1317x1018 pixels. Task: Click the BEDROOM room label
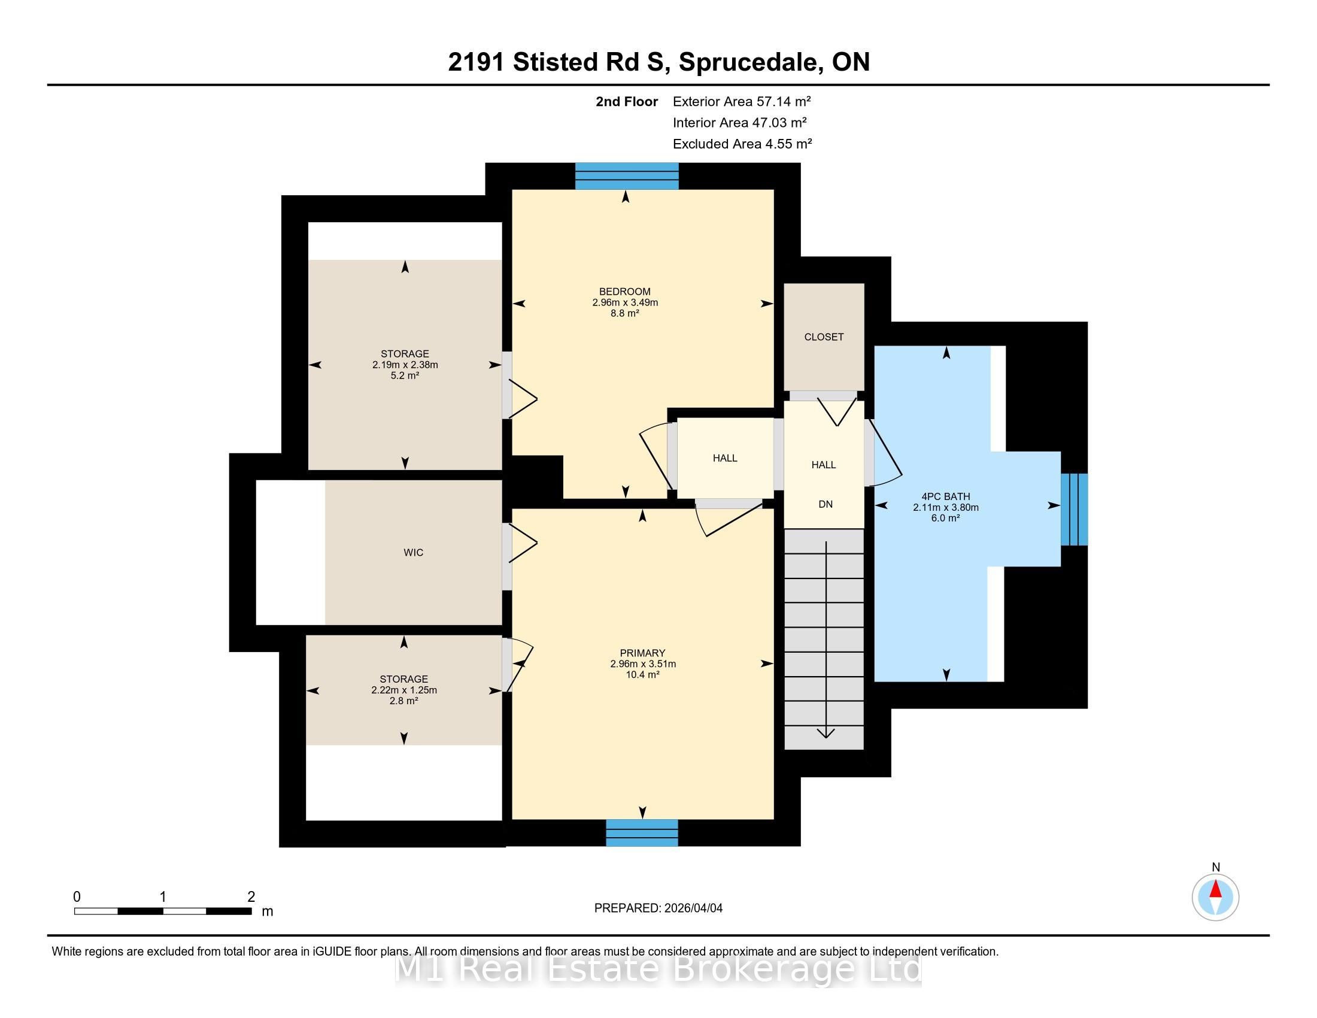click(x=625, y=291)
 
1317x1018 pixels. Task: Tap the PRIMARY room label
click(x=642, y=653)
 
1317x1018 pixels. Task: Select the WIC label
click(x=413, y=553)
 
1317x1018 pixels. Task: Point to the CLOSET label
click(x=824, y=337)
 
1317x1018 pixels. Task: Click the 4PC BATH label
click(x=945, y=496)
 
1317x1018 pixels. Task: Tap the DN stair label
click(x=826, y=504)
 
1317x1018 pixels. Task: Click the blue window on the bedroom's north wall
click(x=627, y=176)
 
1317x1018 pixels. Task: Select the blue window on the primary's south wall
click(x=642, y=833)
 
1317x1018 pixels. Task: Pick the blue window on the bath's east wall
click(x=1074, y=510)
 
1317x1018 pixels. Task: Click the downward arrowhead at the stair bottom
click(x=826, y=733)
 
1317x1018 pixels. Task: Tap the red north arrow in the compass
click(x=1216, y=889)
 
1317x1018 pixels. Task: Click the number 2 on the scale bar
click(x=251, y=897)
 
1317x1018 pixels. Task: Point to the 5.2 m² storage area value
click(x=405, y=375)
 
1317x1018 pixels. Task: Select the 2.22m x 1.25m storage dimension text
click(x=404, y=690)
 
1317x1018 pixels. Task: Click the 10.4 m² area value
click(x=642, y=674)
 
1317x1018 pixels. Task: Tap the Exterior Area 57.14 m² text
click(x=742, y=101)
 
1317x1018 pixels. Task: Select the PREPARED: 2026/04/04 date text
click(x=658, y=908)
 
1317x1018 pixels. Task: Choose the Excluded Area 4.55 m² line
click(x=742, y=144)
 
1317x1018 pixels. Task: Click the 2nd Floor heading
click(x=627, y=101)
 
